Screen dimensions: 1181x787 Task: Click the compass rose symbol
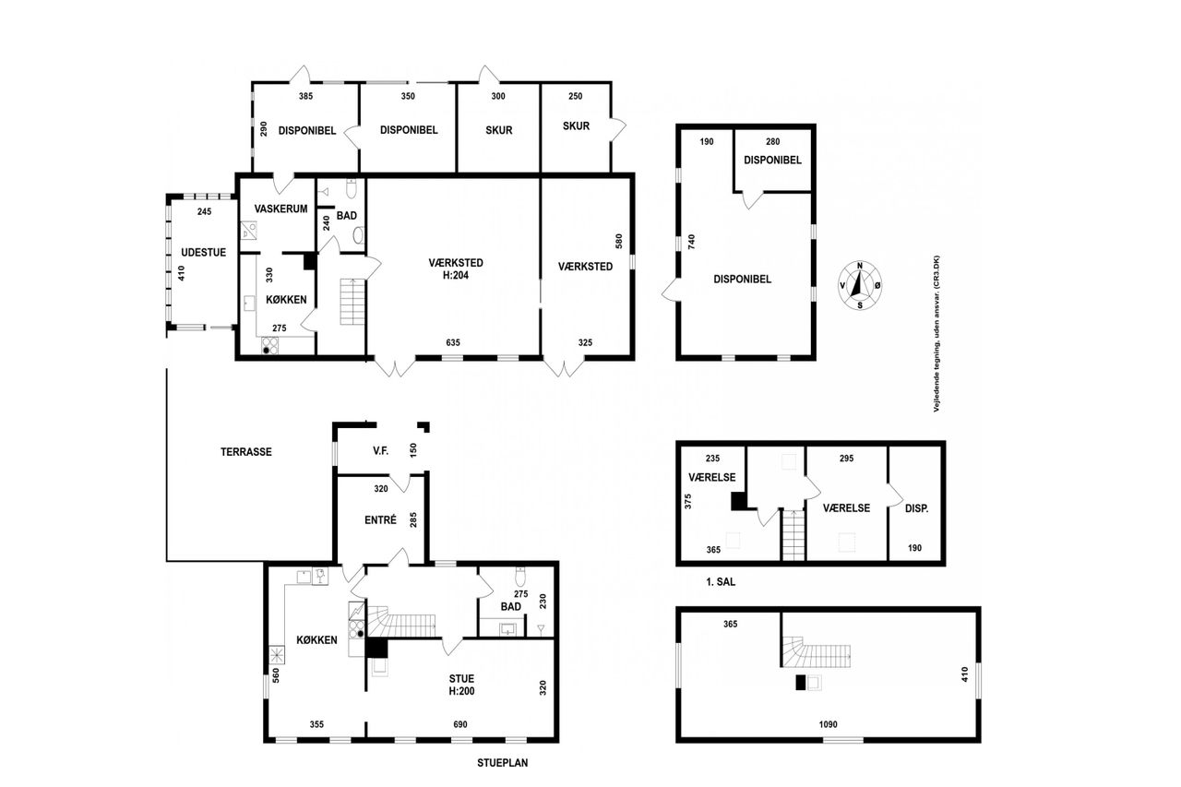860,285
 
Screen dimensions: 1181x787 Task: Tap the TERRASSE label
246,452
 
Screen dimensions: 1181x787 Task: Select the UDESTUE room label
204,253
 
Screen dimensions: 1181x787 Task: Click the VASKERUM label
280,209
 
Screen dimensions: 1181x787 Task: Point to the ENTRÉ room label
380,519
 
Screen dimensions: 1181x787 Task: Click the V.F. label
381,450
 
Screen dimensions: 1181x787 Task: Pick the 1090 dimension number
828,724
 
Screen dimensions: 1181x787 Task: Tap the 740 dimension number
692,242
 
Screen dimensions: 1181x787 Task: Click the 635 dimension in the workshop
453,342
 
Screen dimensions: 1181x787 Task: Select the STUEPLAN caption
503,763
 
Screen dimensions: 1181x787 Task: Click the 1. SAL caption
721,582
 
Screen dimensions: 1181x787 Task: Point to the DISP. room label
917,508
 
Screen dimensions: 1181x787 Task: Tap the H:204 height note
456,275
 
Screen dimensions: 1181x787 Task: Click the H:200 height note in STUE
462,691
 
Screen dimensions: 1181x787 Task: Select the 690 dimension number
460,724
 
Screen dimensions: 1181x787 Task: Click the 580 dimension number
619,241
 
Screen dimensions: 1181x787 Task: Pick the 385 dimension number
305,96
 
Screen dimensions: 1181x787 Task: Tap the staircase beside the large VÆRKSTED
352,302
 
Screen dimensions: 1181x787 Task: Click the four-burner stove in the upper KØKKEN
270,346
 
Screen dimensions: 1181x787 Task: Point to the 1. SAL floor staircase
793,535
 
